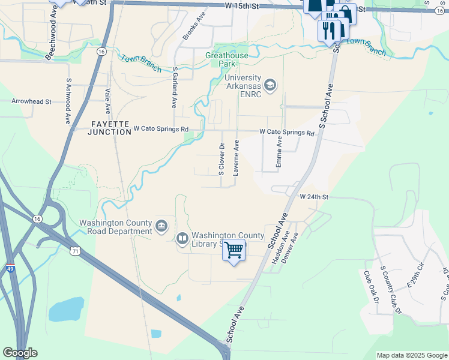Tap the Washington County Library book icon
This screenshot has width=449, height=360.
(182, 239)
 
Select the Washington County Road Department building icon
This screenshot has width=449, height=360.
(161, 226)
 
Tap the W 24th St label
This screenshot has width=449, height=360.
(315, 197)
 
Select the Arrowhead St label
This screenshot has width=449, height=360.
(31, 101)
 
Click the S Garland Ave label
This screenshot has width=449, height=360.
(175, 86)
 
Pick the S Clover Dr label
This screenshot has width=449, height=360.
(221, 159)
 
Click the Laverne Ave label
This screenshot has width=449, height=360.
(237, 157)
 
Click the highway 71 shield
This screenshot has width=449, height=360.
(73, 249)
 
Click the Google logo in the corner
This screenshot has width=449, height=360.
(20, 353)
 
